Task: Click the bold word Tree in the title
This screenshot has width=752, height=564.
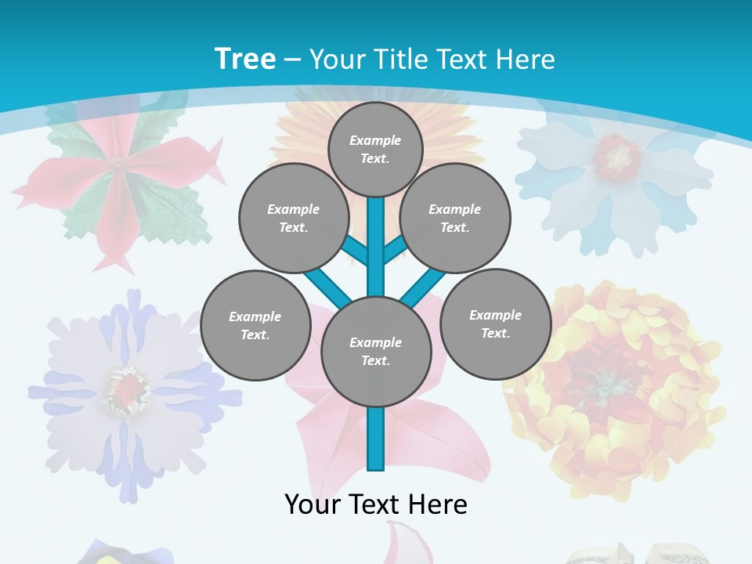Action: click(244, 59)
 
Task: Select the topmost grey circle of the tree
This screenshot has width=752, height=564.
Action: click(375, 149)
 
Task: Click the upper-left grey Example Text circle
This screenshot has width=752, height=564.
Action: click(293, 218)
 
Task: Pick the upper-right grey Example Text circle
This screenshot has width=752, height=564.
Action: click(455, 218)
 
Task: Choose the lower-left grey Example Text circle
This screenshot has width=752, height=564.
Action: click(255, 325)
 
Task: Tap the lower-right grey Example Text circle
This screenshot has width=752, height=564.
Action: click(495, 324)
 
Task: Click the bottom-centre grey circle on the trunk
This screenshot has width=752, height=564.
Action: click(376, 351)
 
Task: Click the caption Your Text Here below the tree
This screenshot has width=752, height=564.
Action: click(376, 504)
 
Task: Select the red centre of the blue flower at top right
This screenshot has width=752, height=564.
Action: click(616, 154)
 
